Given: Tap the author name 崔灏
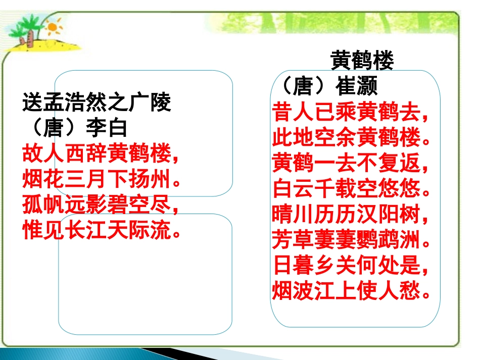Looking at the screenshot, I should coord(357,87).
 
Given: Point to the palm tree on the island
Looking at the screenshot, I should coord(27,33).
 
